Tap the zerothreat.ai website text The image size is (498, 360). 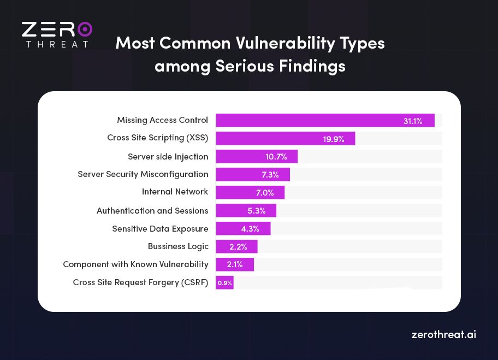tap(443, 334)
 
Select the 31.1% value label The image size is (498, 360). tap(413, 121)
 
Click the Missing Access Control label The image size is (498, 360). tap(162, 120)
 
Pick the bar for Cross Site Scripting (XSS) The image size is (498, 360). tap(285, 139)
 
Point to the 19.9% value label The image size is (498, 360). tap(333, 139)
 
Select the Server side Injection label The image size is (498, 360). tap(168, 157)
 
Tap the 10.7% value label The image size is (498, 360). tap(276, 157)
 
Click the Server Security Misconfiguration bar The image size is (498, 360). tap(252, 175)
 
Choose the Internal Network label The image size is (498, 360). tap(175, 192)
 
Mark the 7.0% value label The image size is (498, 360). tap(265, 193)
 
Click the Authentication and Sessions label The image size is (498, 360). tap(152, 211)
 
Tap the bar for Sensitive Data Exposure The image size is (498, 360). tap(243, 229)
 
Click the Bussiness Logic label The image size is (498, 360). tap(178, 246)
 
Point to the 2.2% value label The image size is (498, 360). tap(238, 247)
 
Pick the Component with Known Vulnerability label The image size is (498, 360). tap(135, 264)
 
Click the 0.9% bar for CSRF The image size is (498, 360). tap(224, 282)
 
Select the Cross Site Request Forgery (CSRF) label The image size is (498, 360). tap(140, 282)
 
